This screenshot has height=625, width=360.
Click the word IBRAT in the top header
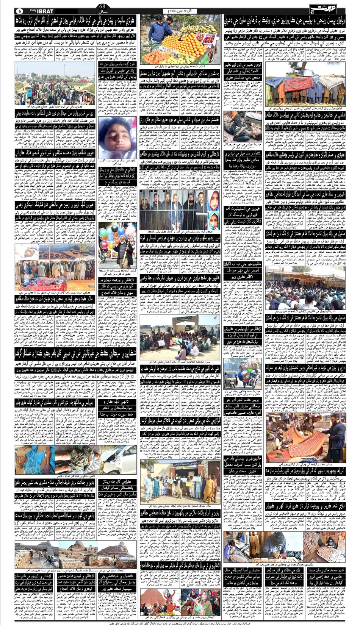[45, 11]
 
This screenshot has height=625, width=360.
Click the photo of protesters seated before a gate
[180, 337]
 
